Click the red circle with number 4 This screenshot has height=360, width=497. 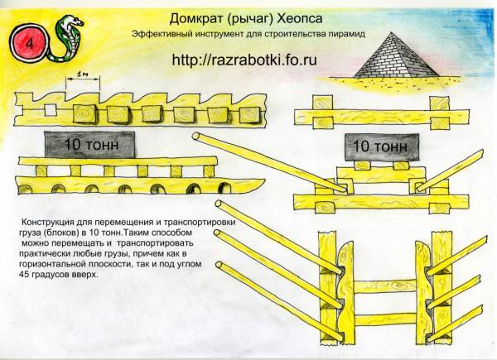tap(29, 43)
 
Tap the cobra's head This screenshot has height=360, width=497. tap(75, 22)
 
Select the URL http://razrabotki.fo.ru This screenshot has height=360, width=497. tap(244, 60)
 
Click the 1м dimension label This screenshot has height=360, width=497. tap(82, 75)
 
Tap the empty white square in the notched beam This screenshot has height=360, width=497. tap(50, 110)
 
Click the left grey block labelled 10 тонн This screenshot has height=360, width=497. tap(89, 145)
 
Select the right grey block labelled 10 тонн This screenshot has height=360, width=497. tap(381, 146)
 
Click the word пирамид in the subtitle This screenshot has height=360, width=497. tap(349, 34)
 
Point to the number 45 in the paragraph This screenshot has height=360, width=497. tap(24, 274)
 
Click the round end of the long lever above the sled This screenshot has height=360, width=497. tap(196, 137)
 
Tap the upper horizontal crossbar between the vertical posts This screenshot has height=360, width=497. tap(384, 286)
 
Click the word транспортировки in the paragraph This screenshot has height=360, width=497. tap(205, 223)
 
